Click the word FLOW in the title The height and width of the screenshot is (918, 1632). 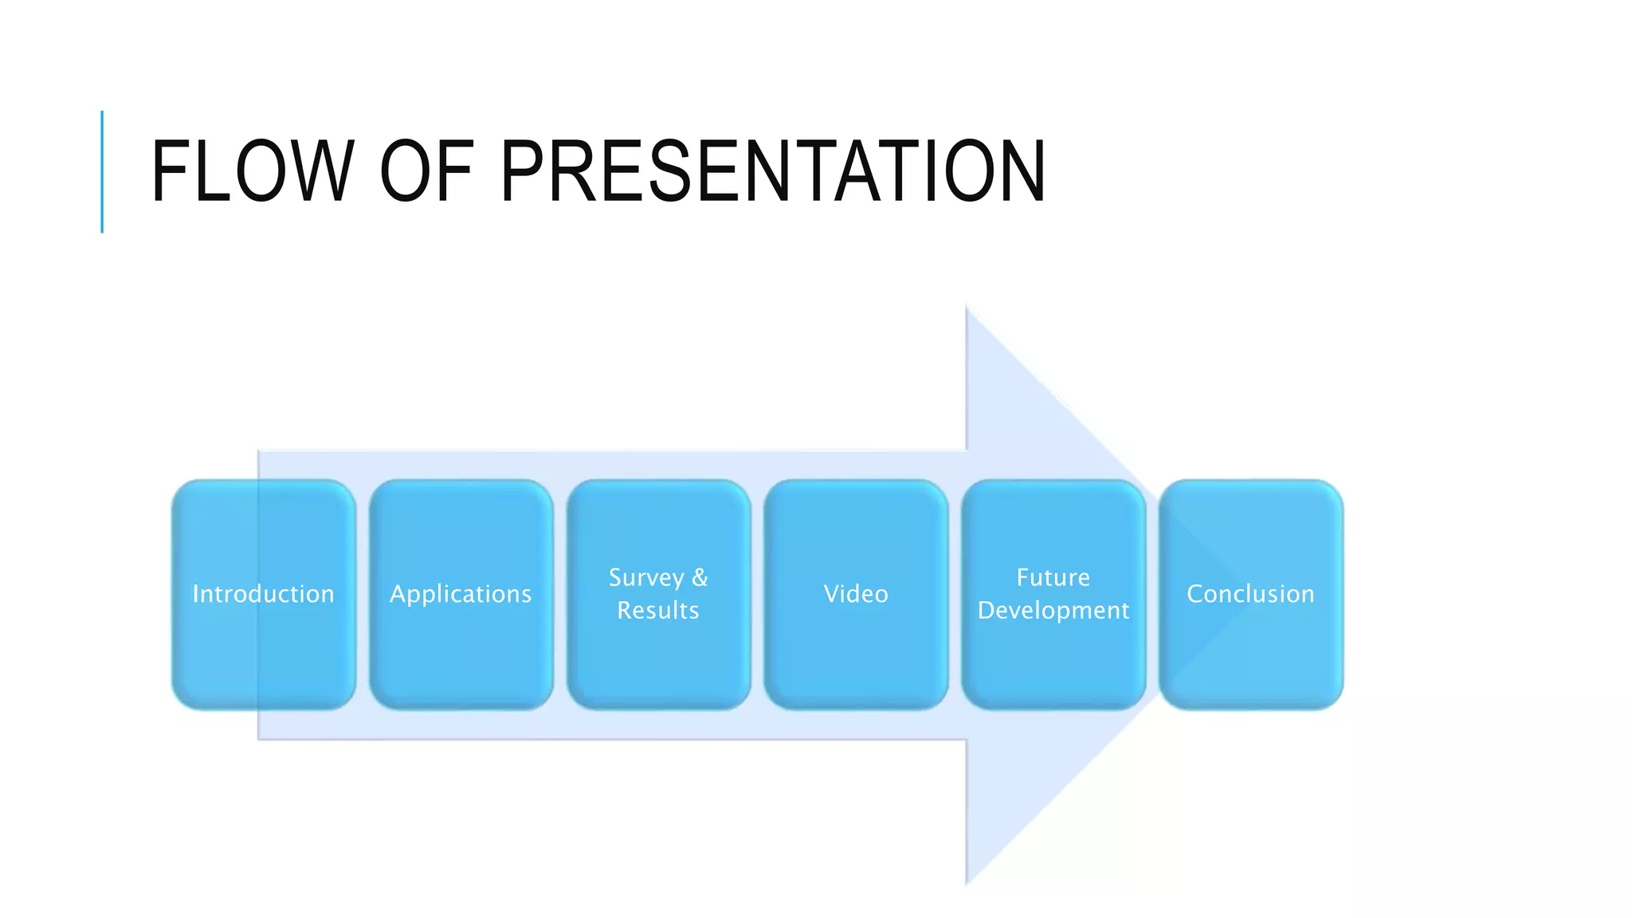click(x=252, y=171)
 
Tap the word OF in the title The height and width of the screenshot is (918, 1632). click(x=427, y=171)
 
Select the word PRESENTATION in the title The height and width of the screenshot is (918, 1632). click(x=772, y=171)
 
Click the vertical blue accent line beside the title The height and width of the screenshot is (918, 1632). click(x=102, y=171)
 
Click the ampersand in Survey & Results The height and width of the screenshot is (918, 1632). click(x=700, y=578)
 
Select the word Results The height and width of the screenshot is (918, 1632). click(x=658, y=610)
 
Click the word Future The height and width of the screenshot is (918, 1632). click(x=1053, y=578)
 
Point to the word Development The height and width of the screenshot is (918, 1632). click(x=1053, y=611)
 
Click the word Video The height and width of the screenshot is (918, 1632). click(x=856, y=594)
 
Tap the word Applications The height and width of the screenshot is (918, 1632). click(x=461, y=594)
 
